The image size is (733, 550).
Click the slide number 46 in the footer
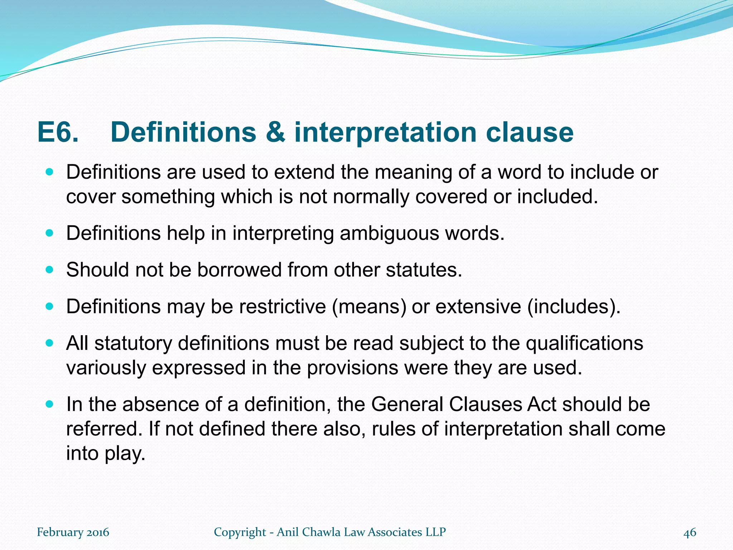point(690,532)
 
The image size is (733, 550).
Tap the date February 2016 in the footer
point(73,532)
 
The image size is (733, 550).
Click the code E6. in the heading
point(58,132)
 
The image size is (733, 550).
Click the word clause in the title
point(529,132)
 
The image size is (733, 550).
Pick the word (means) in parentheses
point(369,307)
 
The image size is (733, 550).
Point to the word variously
point(106,368)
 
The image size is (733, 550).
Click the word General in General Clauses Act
point(407,404)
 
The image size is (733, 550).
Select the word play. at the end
point(125,454)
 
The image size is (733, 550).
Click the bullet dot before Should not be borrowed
point(50,270)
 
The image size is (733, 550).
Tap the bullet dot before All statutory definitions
point(50,343)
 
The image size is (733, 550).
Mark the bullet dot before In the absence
point(50,404)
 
